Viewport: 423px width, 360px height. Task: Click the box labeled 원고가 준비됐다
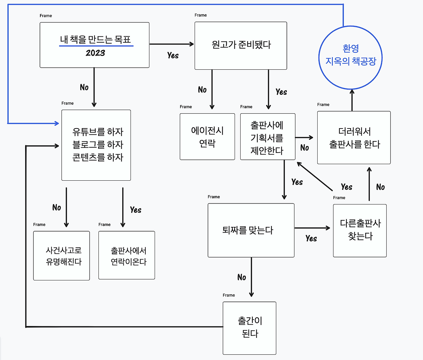pyautogui.click(x=241, y=46)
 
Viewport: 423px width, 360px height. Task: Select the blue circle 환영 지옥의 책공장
pyautogui.click(x=351, y=57)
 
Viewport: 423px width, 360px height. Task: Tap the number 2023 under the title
pyautogui.click(x=95, y=53)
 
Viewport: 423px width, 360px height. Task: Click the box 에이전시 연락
pyautogui.click(x=207, y=137)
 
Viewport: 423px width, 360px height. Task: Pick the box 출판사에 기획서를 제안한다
pyautogui.click(x=267, y=137)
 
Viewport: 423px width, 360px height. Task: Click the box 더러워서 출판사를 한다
pyautogui.click(x=354, y=138)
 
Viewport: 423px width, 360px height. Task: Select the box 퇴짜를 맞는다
pyautogui.click(x=250, y=230)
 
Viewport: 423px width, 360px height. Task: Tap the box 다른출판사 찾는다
pyautogui.click(x=360, y=230)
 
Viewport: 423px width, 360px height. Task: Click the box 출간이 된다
pyautogui.click(x=250, y=328)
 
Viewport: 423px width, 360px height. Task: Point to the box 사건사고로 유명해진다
pyautogui.click(x=61, y=256)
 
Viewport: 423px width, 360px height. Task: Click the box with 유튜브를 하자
pyautogui.click(x=96, y=145)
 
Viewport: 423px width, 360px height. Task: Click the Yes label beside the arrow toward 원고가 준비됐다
pyautogui.click(x=173, y=55)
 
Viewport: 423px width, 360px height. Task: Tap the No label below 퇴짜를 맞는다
pyautogui.click(x=242, y=277)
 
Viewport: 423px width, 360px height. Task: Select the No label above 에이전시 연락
pyautogui.click(x=202, y=90)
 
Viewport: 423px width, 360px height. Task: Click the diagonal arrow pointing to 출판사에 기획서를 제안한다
pyautogui.click(x=315, y=176)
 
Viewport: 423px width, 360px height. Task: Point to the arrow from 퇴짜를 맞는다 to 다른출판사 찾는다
pyautogui.click(x=312, y=228)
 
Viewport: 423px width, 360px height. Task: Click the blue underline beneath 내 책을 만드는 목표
pyautogui.click(x=96, y=46)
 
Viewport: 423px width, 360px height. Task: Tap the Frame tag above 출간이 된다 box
pyautogui.click(x=229, y=295)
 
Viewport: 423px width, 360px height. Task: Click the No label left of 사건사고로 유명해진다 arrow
pyautogui.click(x=57, y=207)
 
